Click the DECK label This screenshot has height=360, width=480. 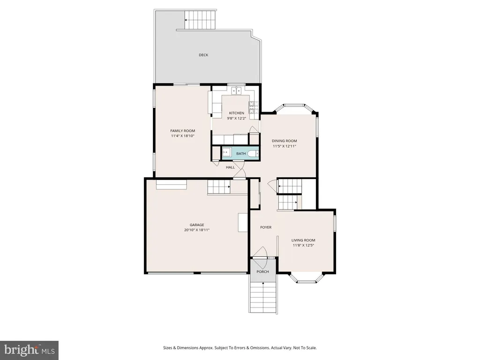point(203,55)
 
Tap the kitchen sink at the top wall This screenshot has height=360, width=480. point(237,90)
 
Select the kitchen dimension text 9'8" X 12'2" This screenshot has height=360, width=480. point(237,118)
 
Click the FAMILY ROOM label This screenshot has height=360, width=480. point(183,131)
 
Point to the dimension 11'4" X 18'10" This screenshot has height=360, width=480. point(183,136)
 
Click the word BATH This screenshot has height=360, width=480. point(241,154)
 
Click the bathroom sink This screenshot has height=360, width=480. point(226,153)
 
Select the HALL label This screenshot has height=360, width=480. point(231,167)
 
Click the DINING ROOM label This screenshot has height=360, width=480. point(285,141)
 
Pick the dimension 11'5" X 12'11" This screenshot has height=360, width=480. point(285,146)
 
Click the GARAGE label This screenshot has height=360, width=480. point(197,225)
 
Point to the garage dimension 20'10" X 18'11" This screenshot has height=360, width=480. point(197,230)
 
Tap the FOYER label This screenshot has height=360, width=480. point(266,227)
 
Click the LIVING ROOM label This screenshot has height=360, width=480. point(303,240)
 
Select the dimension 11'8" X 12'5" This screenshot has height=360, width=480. point(303,246)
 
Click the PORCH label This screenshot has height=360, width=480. point(262,272)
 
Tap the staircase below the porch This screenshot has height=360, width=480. point(263,297)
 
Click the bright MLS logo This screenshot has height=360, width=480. point(30,350)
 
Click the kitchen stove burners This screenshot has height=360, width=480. point(254,107)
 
